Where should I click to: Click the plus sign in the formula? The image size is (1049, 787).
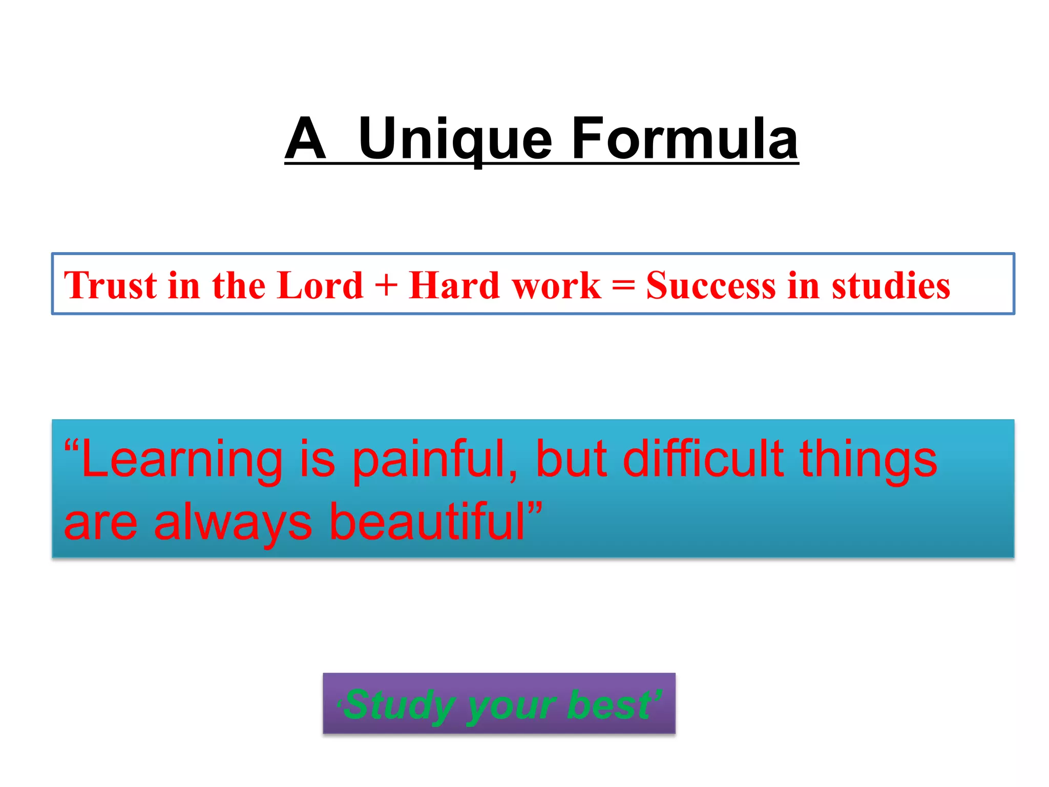pyautogui.click(x=386, y=286)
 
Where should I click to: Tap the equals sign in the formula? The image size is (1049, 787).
pyautogui.click(x=623, y=286)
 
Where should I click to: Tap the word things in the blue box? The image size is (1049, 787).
pyautogui.click(x=869, y=460)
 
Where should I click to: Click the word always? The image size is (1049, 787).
pyautogui.click(x=233, y=523)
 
